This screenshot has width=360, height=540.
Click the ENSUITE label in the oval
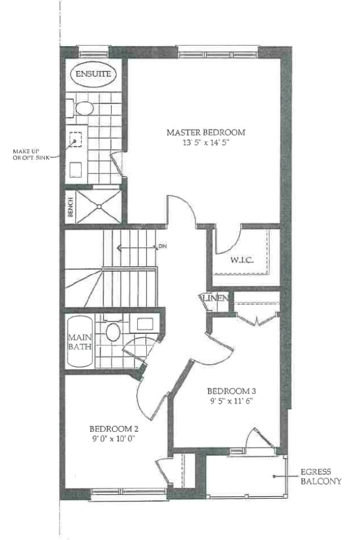94,74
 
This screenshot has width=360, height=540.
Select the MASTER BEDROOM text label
206,133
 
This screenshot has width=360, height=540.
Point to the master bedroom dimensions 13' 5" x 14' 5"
206,143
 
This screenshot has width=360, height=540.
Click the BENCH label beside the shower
70,207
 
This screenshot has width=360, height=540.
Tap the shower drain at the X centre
99,206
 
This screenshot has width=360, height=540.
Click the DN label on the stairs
162,247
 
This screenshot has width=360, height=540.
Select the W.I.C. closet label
242,259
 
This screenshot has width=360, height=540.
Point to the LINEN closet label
214,298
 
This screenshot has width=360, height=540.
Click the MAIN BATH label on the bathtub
80,342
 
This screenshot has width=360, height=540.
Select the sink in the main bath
145,324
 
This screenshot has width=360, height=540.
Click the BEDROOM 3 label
231,391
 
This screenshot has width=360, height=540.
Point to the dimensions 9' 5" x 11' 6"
231,401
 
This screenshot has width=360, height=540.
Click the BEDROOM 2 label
114,429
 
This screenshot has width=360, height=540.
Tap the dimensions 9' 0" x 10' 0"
114,439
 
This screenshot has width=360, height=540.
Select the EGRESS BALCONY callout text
321,477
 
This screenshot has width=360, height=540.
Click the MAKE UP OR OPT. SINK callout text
30,155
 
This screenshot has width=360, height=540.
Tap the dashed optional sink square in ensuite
75,140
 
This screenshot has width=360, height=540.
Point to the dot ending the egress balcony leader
274,477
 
